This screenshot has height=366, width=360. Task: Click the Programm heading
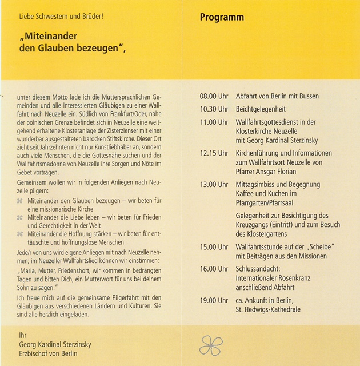[222, 17]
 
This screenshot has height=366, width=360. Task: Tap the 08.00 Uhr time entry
[214, 96]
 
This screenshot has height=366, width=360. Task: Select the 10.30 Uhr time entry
[214, 109]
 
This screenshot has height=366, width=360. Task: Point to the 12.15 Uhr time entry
[214, 153]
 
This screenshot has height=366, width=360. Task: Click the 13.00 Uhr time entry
[214, 185]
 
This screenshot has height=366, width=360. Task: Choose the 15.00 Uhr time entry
[214, 247]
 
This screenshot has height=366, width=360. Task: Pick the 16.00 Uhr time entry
[214, 269]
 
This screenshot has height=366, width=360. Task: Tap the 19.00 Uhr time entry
[214, 300]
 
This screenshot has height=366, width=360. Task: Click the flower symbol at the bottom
[210, 344]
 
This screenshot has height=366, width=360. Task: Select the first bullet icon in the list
[21, 201]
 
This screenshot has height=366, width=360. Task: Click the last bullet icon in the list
[21, 233]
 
